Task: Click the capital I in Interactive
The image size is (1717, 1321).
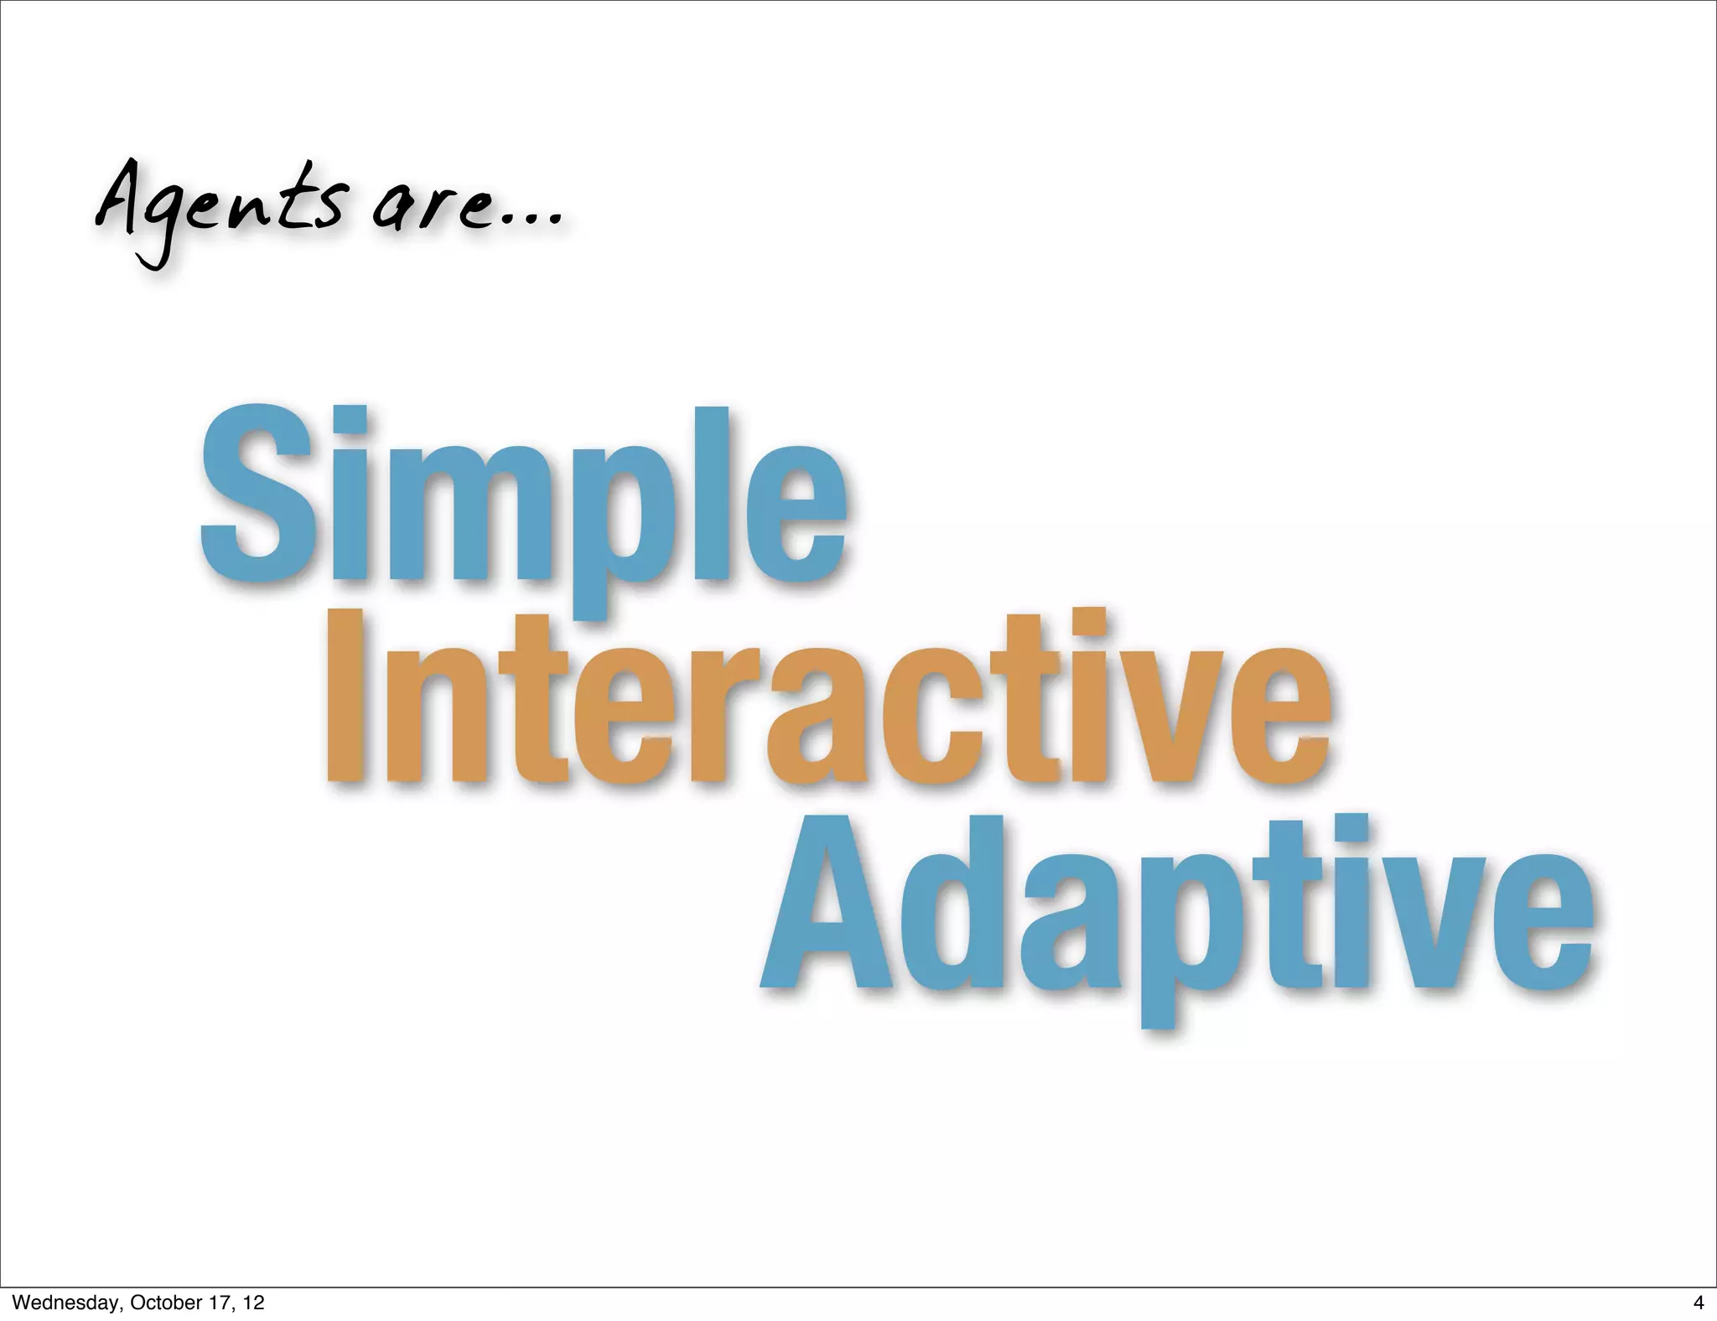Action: (x=345, y=696)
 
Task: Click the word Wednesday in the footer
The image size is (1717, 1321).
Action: (x=66, y=1303)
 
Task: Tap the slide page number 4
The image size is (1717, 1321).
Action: (x=1697, y=1303)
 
